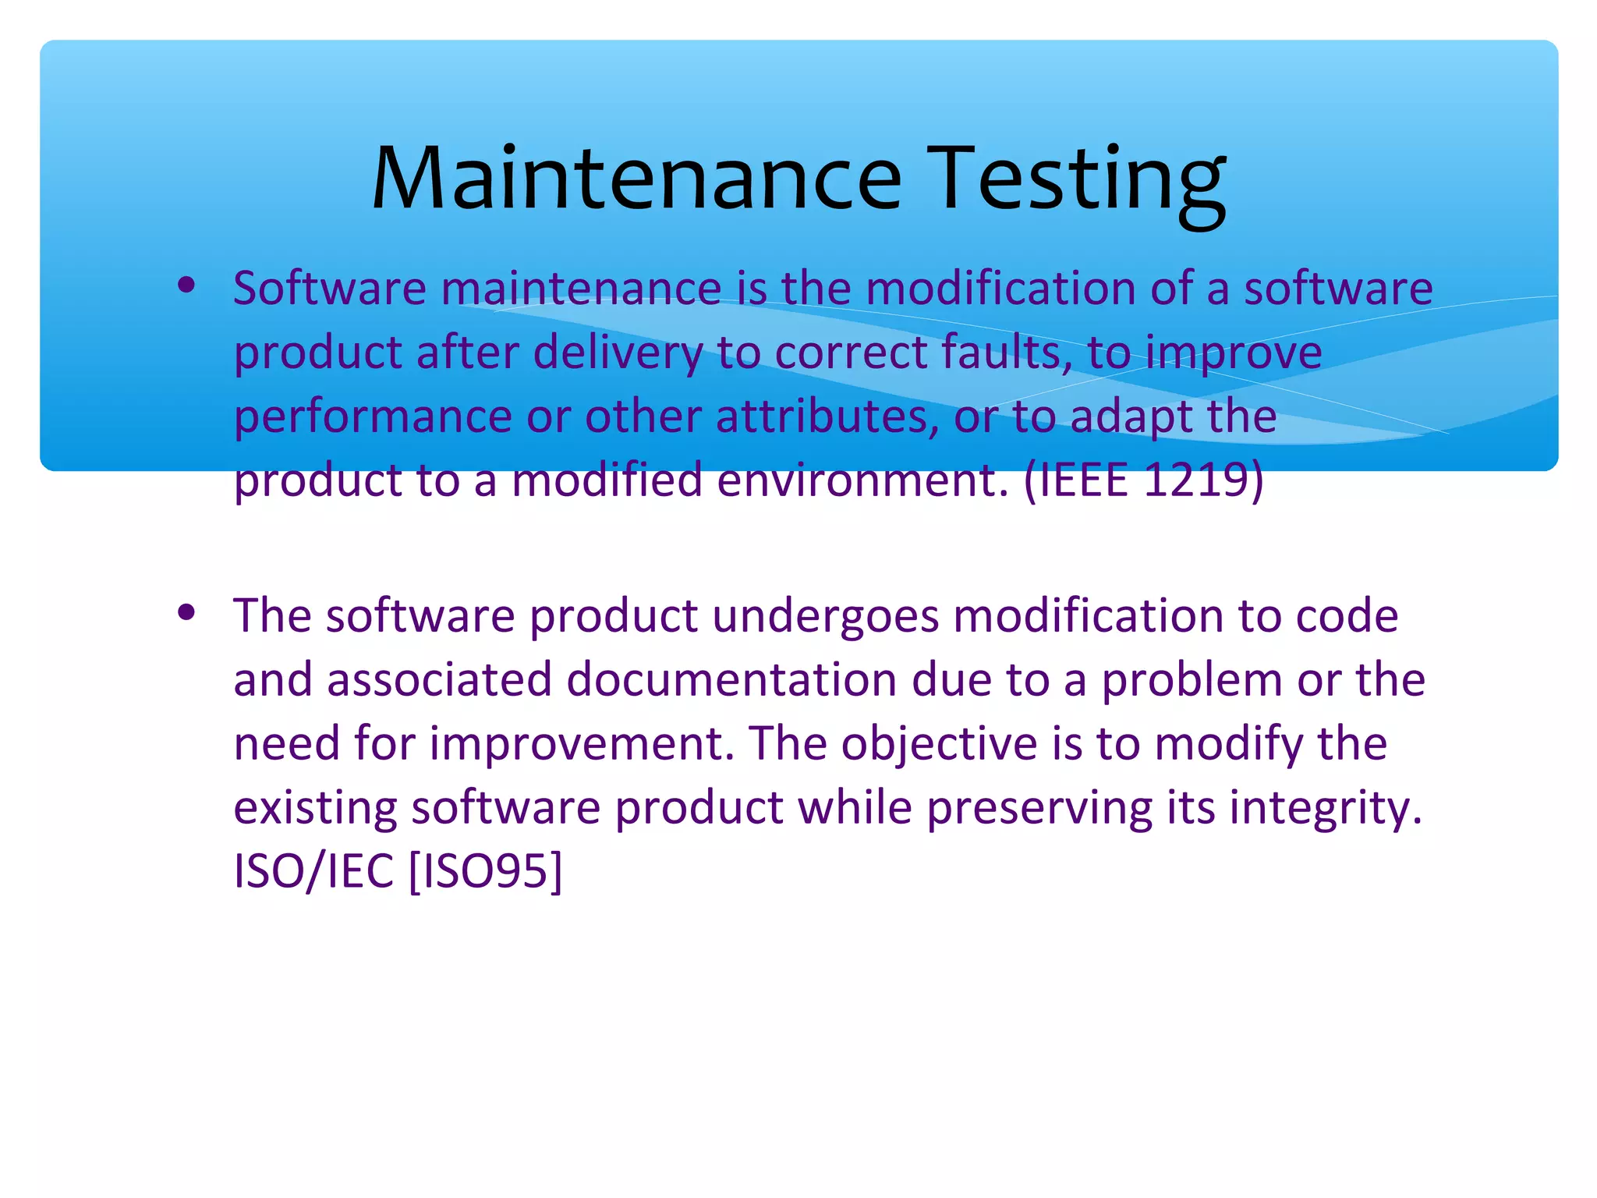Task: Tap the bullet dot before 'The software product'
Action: tap(186, 613)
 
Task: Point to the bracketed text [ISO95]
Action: tap(485, 870)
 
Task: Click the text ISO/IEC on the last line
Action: tap(313, 870)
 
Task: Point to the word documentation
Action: tap(731, 679)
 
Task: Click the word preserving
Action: tap(1039, 807)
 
